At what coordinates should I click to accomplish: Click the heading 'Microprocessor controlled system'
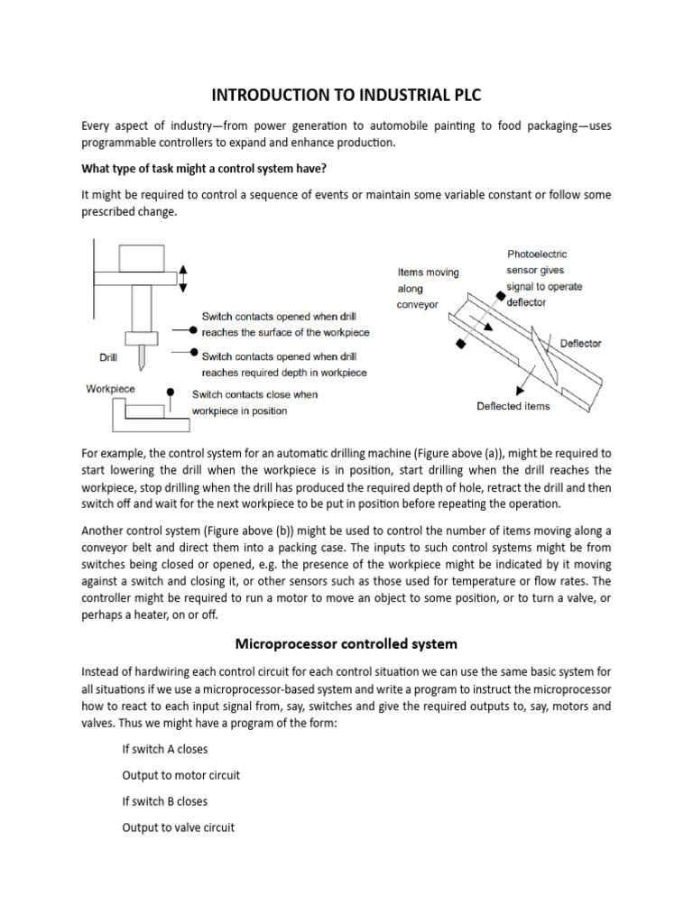(x=346, y=643)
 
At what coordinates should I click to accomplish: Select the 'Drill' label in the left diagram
(x=108, y=357)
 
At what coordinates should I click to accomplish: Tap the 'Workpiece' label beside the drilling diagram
(x=110, y=389)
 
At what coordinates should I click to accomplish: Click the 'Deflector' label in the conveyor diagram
(x=580, y=344)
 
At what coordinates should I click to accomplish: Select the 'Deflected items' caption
(x=513, y=406)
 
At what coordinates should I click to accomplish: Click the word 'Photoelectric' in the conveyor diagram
(x=537, y=254)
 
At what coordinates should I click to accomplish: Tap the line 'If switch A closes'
(x=164, y=749)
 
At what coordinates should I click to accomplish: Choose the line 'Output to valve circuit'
(x=178, y=827)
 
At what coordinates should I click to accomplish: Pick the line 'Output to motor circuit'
(x=180, y=775)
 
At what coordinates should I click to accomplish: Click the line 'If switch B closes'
(x=164, y=800)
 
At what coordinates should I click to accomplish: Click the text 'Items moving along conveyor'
(x=429, y=288)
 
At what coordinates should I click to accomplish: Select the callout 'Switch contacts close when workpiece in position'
(x=254, y=402)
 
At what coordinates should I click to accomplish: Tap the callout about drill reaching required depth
(x=284, y=365)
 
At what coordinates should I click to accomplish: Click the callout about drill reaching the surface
(x=285, y=325)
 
